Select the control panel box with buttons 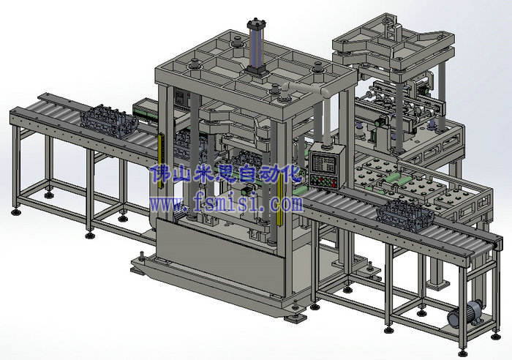coord(326,168)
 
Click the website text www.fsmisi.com coord(226,203)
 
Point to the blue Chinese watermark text coord(225,173)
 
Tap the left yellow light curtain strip coord(159,161)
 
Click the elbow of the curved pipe coord(326,92)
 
